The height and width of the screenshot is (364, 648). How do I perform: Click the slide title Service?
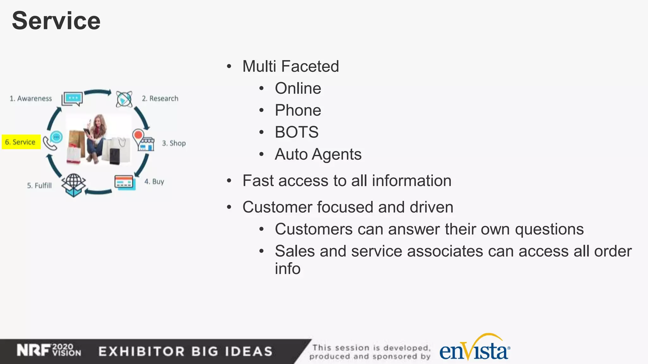(x=56, y=21)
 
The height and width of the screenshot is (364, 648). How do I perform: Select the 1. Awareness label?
(x=31, y=99)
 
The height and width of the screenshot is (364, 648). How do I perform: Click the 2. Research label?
(x=160, y=99)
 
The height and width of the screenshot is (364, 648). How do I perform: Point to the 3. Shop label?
(x=174, y=143)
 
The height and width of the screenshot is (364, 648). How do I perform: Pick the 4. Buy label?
(x=154, y=182)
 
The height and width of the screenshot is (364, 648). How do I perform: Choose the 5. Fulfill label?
(x=39, y=185)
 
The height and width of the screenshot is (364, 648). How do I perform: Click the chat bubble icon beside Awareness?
(x=72, y=99)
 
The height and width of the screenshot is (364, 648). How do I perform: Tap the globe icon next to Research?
(x=124, y=99)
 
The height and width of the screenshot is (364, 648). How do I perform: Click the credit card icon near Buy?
(x=125, y=182)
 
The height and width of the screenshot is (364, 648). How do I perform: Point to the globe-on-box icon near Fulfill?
(x=74, y=185)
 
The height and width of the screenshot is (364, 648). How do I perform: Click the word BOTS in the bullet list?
(x=296, y=132)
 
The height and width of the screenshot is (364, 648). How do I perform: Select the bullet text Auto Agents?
(x=318, y=154)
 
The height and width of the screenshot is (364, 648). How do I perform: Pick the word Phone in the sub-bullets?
(x=298, y=110)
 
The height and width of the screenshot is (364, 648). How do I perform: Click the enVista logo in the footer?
(x=474, y=349)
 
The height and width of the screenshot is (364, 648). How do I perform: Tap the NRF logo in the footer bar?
(x=34, y=350)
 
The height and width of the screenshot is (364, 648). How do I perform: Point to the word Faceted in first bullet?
(x=310, y=66)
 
